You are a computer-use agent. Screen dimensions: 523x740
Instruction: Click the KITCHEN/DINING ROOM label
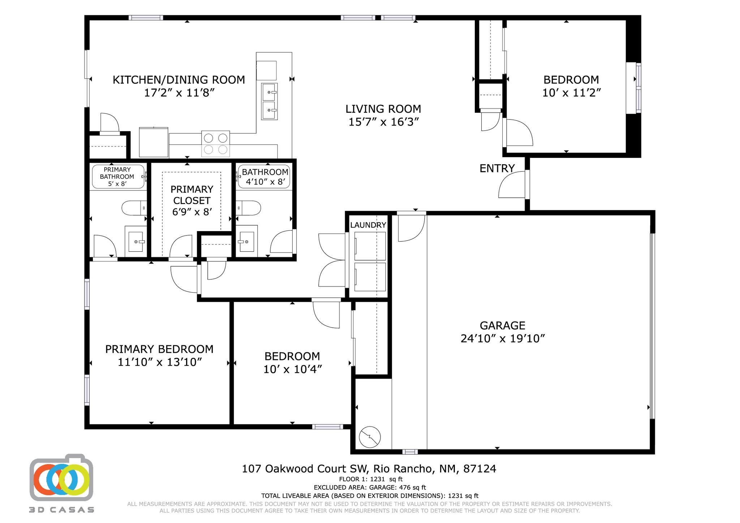pyautogui.click(x=178, y=79)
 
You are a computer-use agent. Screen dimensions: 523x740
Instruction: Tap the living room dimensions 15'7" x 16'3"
pyautogui.click(x=383, y=122)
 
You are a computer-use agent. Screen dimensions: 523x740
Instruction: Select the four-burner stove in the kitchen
pyautogui.click(x=215, y=143)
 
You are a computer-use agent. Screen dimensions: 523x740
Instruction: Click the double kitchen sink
pyautogui.click(x=270, y=101)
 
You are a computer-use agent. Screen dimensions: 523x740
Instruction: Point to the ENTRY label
pyautogui.click(x=497, y=168)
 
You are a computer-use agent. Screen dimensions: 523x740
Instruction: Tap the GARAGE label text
pyautogui.click(x=502, y=325)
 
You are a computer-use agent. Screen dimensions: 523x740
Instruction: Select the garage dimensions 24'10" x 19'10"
pyautogui.click(x=502, y=339)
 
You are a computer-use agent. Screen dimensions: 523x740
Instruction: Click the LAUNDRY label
pyautogui.click(x=368, y=225)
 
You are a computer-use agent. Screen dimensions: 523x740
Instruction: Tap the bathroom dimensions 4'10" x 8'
pyautogui.click(x=265, y=182)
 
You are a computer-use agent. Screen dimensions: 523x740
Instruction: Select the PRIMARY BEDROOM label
pyautogui.click(x=159, y=349)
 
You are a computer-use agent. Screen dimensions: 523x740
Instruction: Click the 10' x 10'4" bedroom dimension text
pyautogui.click(x=292, y=369)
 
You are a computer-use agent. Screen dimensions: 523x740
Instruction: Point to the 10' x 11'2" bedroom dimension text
pyautogui.click(x=571, y=93)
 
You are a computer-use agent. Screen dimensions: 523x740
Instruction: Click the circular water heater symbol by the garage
pyautogui.click(x=370, y=437)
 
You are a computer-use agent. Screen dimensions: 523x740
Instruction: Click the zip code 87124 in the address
pyautogui.click(x=479, y=469)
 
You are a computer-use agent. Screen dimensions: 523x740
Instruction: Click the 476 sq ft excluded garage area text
pyautogui.click(x=412, y=488)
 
